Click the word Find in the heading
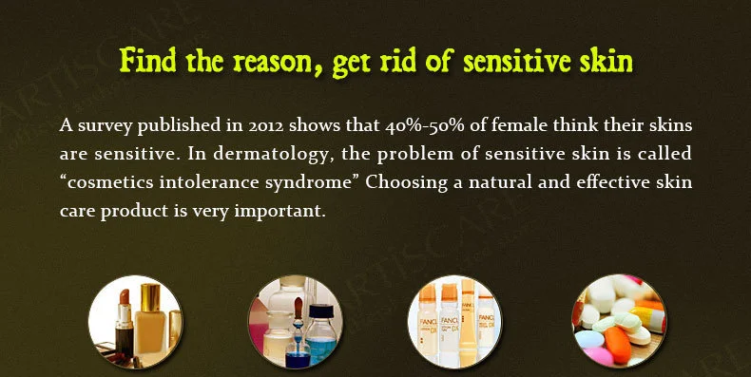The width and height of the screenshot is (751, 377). tap(147, 60)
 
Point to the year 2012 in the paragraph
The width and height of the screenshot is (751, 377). tap(266, 126)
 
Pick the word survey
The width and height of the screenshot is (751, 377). tap(106, 127)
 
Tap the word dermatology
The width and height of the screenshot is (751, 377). tap(273, 155)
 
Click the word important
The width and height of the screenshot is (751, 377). tap(279, 212)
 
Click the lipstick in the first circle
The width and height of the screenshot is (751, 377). tap(125, 321)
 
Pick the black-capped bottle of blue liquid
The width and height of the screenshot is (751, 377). tap(320, 335)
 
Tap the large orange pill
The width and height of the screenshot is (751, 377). tap(617, 345)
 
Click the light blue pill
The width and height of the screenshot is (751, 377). tap(589, 339)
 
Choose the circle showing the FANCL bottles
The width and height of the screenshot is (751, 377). tap(454, 322)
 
